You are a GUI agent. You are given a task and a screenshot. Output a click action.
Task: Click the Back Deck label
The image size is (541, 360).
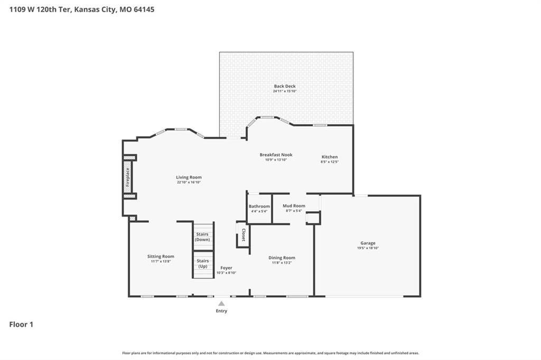(x=285, y=86)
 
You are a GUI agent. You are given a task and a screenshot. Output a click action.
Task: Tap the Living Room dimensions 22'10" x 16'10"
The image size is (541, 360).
(x=189, y=182)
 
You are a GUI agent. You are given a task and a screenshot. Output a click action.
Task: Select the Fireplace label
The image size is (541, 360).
(x=128, y=177)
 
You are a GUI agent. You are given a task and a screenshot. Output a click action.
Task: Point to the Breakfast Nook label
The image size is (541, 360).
(x=276, y=155)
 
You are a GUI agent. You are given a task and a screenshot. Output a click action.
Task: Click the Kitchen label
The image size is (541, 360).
(x=330, y=157)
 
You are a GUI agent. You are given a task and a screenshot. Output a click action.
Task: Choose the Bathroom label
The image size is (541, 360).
(x=259, y=206)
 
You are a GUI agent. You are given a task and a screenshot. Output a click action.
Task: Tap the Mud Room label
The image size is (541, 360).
(x=294, y=206)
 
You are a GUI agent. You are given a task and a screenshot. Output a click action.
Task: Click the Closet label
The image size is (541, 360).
(x=244, y=234)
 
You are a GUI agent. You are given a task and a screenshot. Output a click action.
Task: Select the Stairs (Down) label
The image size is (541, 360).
(x=202, y=237)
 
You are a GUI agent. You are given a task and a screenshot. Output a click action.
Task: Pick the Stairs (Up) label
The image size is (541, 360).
(x=203, y=263)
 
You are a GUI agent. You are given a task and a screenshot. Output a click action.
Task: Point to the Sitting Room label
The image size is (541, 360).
(x=161, y=257)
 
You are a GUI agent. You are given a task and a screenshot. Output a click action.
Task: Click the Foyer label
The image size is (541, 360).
(x=226, y=268)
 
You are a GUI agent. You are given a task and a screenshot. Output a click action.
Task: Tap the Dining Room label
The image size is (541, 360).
(x=282, y=258)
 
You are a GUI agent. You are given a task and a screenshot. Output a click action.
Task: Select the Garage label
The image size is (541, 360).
(x=368, y=243)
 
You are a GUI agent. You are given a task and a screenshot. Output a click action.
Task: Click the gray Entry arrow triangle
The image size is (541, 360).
(x=221, y=304)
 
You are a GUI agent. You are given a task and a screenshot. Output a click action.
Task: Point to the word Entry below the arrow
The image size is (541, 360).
(x=221, y=311)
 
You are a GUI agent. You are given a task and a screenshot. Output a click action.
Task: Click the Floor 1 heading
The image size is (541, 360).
(x=21, y=325)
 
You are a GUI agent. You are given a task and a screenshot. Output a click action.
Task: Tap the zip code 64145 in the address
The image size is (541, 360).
(x=144, y=10)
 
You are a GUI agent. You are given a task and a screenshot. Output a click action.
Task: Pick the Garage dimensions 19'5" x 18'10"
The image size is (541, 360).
(x=368, y=248)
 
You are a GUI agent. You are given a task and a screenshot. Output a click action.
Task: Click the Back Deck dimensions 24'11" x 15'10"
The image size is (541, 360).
(x=285, y=91)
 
